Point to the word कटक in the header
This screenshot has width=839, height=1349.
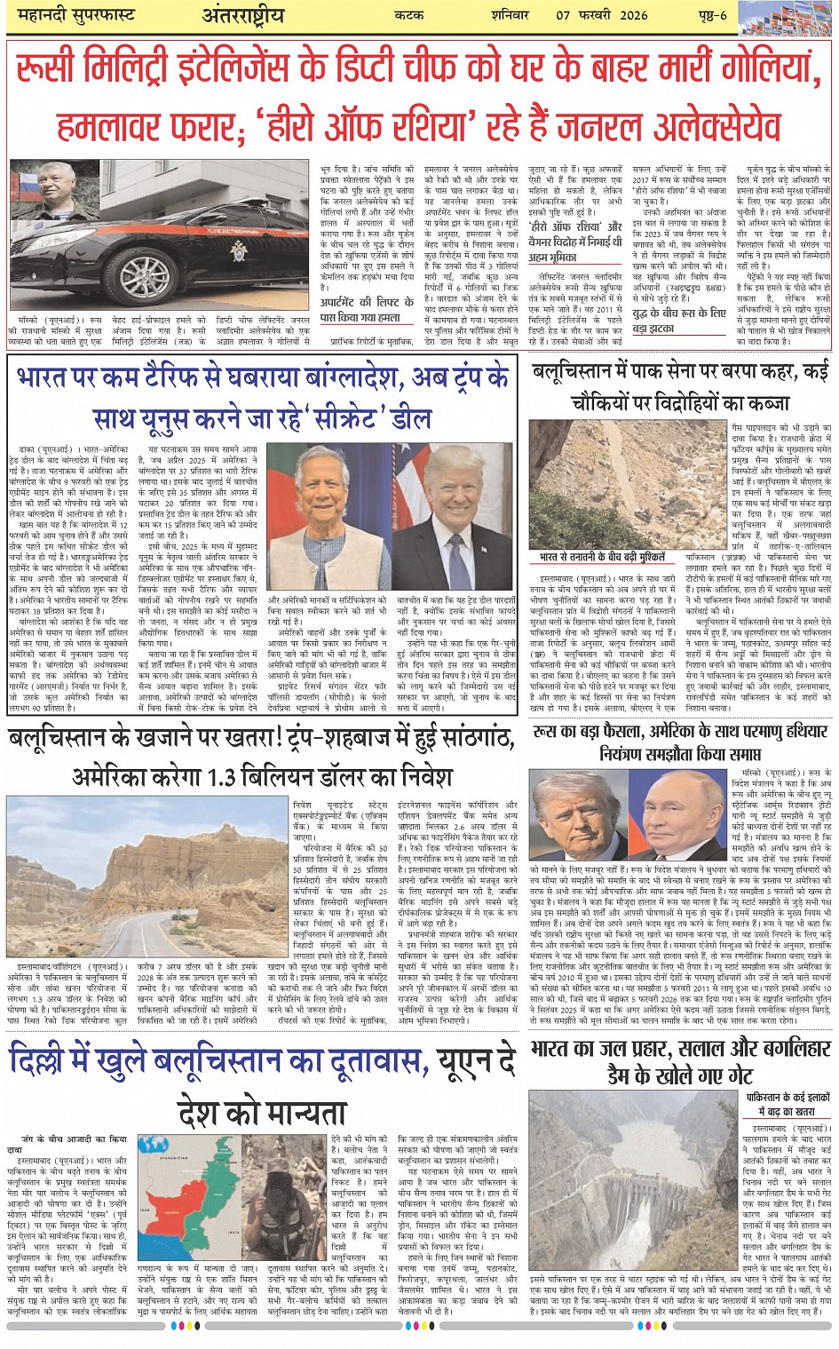(413, 15)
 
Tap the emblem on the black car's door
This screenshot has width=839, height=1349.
(238, 251)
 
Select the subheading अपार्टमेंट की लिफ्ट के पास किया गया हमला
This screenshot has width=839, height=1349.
(360, 309)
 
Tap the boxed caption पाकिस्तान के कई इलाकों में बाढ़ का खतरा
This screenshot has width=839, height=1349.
(788, 1105)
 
